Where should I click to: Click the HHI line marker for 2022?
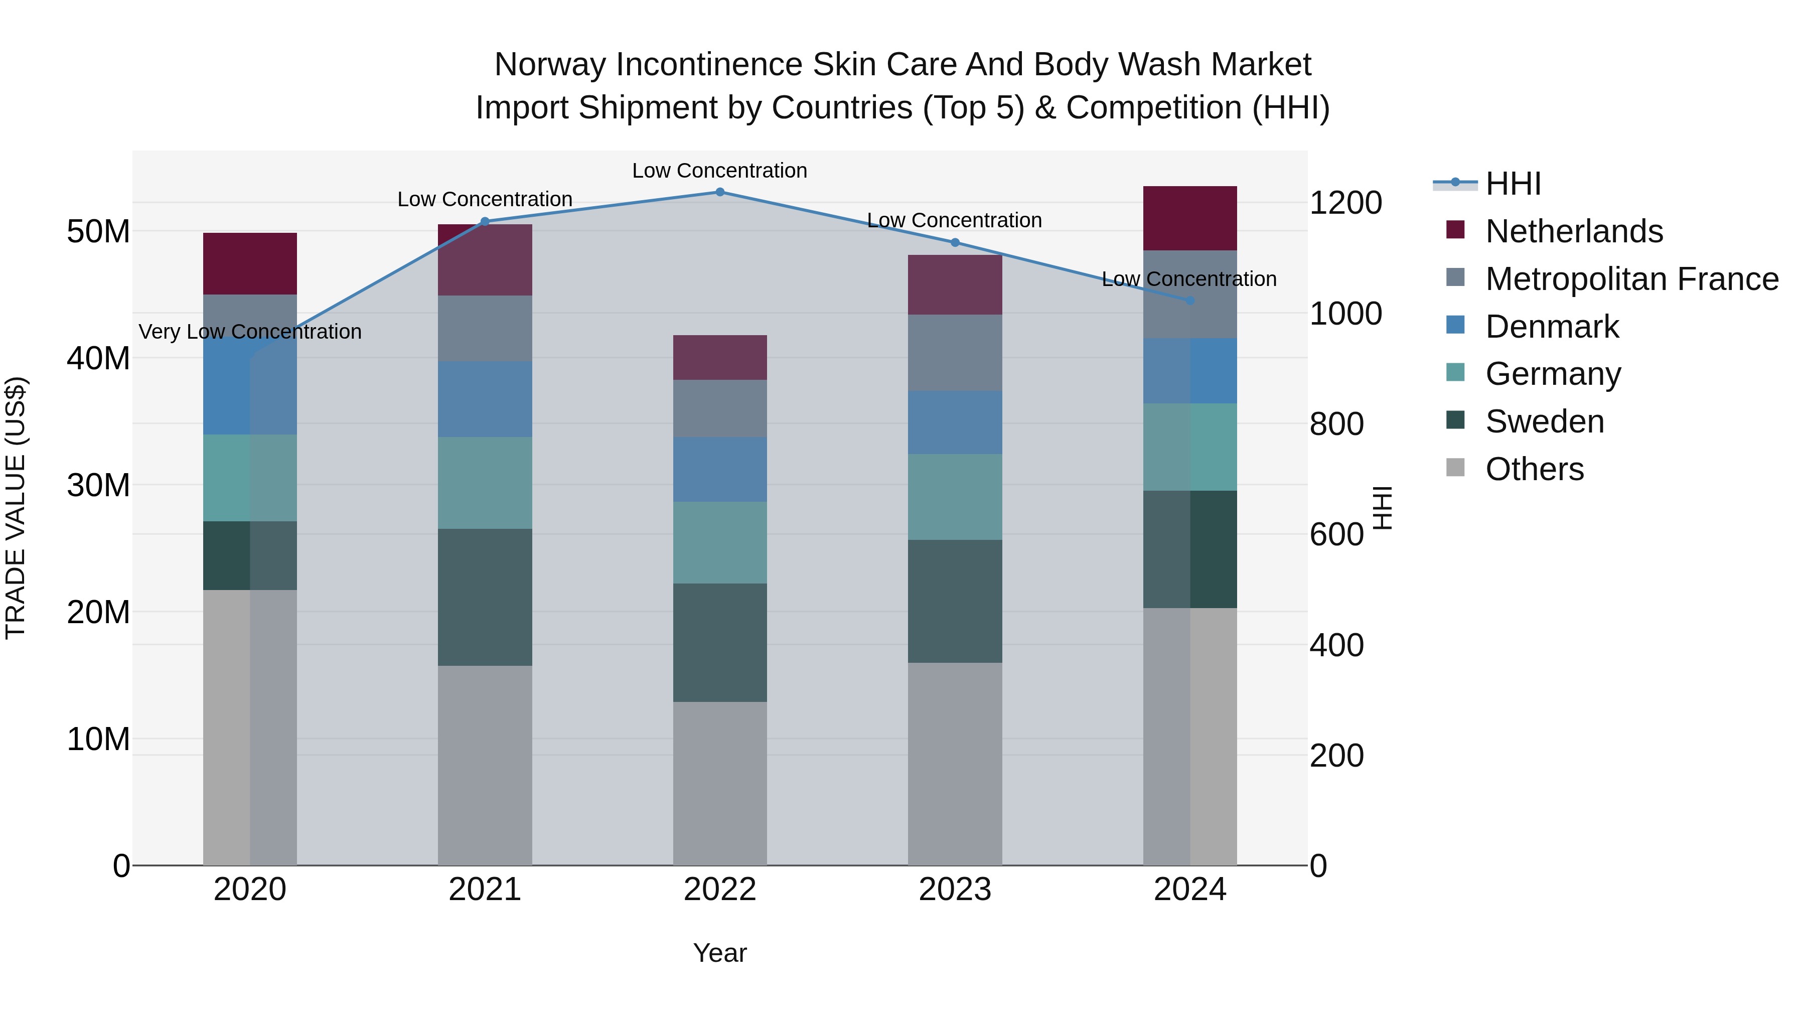[719, 192]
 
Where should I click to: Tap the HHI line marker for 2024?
[1190, 300]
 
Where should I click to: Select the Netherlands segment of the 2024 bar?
[1190, 218]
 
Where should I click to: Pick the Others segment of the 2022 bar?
[719, 783]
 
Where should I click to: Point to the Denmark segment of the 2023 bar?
[954, 422]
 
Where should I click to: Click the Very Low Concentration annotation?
[250, 332]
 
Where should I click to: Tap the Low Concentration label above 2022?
[719, 171]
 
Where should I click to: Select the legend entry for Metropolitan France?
[1631, 279]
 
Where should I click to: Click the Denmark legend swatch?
[1455, 325]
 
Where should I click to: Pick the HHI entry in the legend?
[1512, 184]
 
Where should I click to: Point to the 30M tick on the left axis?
[98, 485]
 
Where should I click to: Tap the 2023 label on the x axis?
[954, 890]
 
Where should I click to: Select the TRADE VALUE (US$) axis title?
[16, 508]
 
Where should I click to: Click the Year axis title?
[719, 953]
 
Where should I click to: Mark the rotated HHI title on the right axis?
[1381, 508]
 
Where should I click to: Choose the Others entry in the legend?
[1534, 469]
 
